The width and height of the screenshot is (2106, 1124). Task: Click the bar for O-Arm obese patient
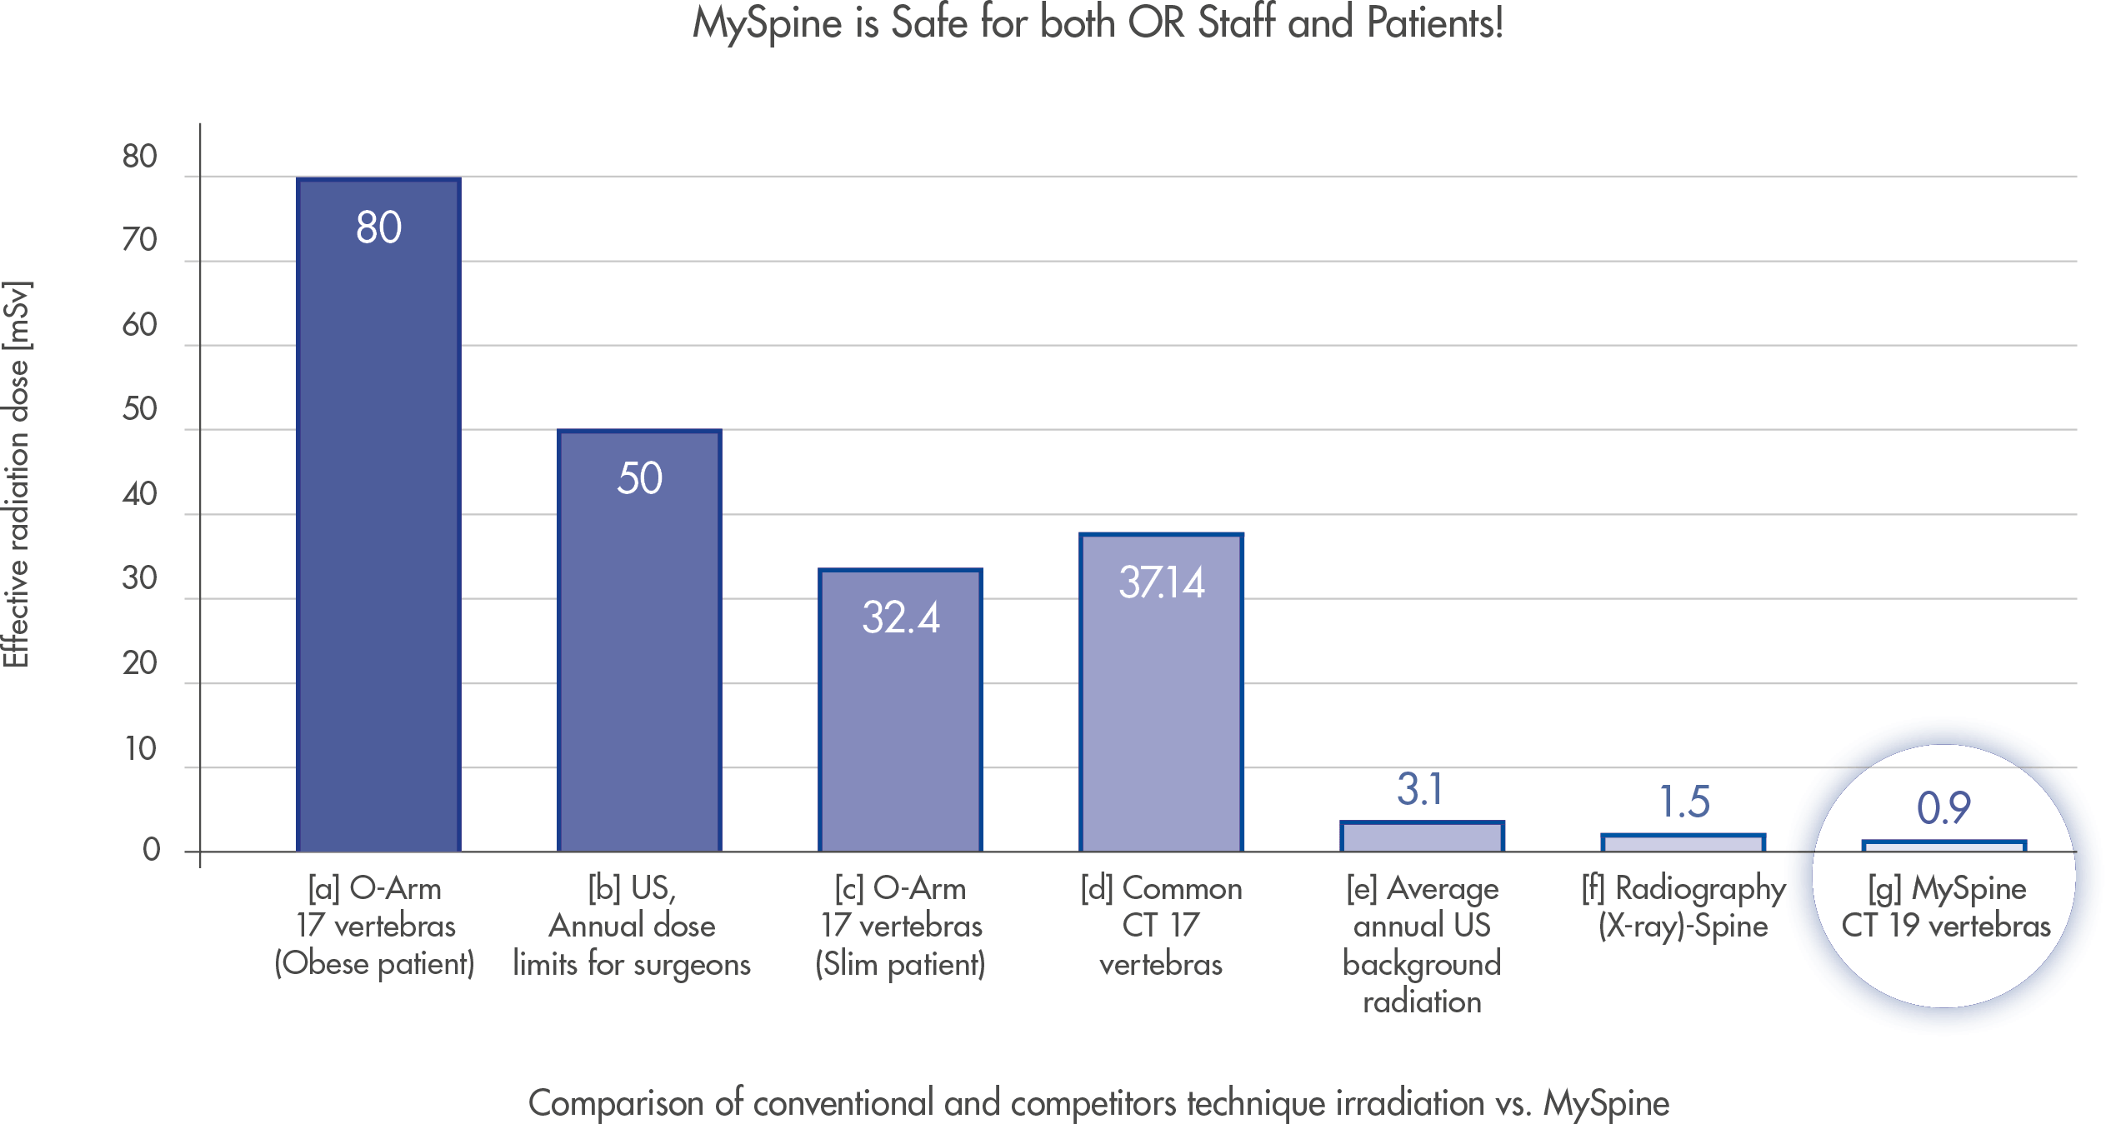pyautogui.click(x=378, y=517)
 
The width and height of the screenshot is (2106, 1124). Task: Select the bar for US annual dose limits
pyautogui.click(x=639, y=642)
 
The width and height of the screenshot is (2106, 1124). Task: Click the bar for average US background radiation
pyautogui.click(x=1422, y=837)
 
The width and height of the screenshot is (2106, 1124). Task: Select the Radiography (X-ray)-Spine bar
pyautogui.click(x=1683, y=843)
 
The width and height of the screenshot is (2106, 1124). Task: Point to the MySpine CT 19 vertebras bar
pyautogui.click(x=1943, y=847)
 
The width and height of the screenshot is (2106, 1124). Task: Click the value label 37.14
pyautogui.click(x=1161, y=582)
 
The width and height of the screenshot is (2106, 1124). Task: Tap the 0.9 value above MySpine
pyautogui.click(x=1943, y=807)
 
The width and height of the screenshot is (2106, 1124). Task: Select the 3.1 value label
pyautogui.click(x=1420, y=789)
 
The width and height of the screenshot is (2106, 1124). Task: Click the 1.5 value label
pyautogui.click(x=1683, y=802)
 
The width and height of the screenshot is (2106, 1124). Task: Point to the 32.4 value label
pyautogui.click(x=900, y=618)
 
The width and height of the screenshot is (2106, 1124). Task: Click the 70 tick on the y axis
pyautogui.click(x=140, y=240)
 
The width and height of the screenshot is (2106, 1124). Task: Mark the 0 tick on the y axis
pyautogui.click(x=151, y=850)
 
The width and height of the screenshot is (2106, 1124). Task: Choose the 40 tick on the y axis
pyautogui.click(x=140, y=494)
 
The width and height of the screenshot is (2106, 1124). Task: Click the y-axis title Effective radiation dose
pyautogui.click(x=17, y=475)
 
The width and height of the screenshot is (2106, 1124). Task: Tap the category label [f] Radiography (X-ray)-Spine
pyautogui.click(x=1683, y=907)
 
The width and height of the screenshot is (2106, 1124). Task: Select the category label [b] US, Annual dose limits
pyautogui.click(x=632, y=926)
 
